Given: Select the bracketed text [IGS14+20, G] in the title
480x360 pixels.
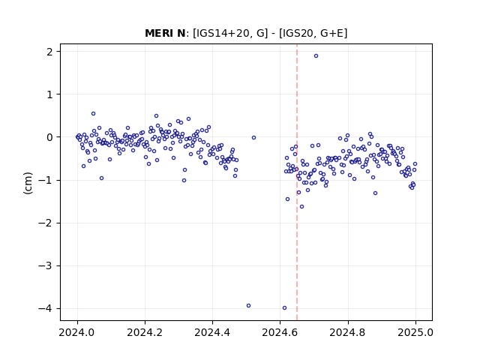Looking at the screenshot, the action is pyautogui.click(x=230, y=33).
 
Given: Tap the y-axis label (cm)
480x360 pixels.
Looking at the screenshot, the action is pyautogui.click(x=28, y=183).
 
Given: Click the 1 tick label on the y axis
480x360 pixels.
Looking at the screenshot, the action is pyautogui.click(x=49, y=94).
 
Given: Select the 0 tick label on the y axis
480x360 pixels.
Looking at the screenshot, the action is pyautogui.click(x=49, y=137).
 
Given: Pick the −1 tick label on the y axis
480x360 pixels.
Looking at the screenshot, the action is pyautogui.click(x=45, y=180).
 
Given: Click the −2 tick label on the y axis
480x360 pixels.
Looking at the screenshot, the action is pyautogui.click(x=45, y=223).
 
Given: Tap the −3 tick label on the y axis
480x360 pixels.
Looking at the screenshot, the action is pyautogui.click(x=45, y=265).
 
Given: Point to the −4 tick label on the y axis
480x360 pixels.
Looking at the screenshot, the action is pyautogui.click(x=45, y=308).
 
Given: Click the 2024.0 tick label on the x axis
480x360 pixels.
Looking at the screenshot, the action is pyautogui.click(x=77, y=332).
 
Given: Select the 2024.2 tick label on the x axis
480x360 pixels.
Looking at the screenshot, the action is pyautogui.click(x=145, y=332).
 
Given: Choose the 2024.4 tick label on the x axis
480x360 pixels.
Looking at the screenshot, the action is pyautogui.click(x=212, y=332).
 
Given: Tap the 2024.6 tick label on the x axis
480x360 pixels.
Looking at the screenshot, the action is pyautogui.click(x=280, y=332).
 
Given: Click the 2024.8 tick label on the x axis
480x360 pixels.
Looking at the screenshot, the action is pyautogui.click(x=348, y=332).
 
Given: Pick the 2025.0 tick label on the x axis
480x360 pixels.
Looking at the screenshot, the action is pyautogui.click(x=415, y=332).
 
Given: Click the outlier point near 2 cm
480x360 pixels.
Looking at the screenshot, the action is pyautogui.click(x=316, y=56).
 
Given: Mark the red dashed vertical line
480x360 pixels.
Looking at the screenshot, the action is pyautogui.click(x=297, y=182).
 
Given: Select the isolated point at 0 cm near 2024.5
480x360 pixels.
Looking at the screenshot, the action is pyautogui.click(x=253, y=138).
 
